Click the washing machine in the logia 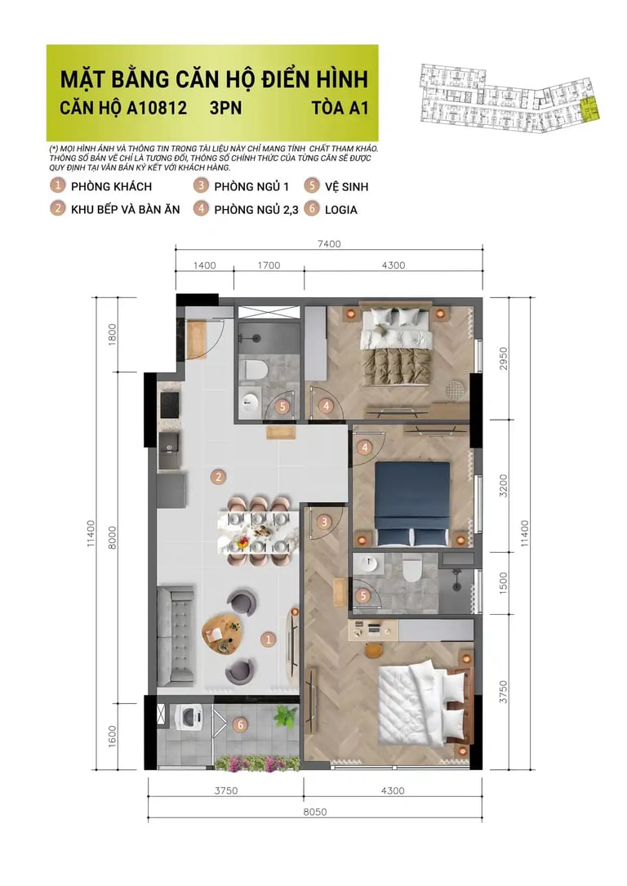tap(189, 718)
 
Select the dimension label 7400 tap(329, 244)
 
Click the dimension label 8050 tap(314, 812)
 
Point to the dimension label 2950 tap(503, 358)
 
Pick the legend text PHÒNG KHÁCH tap(111, 186)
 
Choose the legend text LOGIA tap(340, 210)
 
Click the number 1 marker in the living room tap(269, 639)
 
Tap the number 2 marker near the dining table tap(219, 477)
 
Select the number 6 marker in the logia tap(241, 725)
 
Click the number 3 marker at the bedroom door tap(323, 522)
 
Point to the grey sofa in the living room tap(175, 635)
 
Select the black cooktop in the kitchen tap(170, 404)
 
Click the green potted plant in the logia tap(285, 717)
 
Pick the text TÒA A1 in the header tap(340, 107)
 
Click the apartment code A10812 tap(157, 107)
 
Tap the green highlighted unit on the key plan tap(589, 109)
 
